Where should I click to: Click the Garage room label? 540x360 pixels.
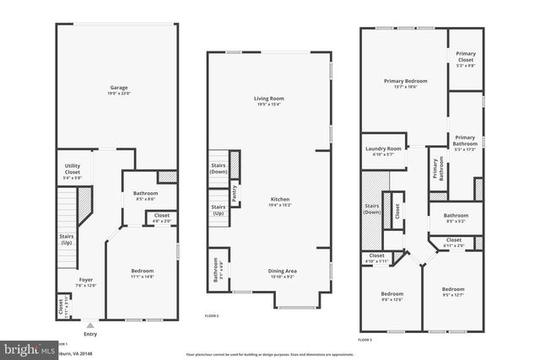pyautogui.click(x=118, y=89)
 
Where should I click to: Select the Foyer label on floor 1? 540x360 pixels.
pyautogui.click(x=87, y=282)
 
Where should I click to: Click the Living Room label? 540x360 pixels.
pyautogui.click(x=269, y=101)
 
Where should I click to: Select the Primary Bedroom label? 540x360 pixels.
pyautogui.click(x=406, y=83)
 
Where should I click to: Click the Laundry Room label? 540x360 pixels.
pyautogui.click(x=384, y=152)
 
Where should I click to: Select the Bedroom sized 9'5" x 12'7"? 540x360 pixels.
pyautogui.click(x=453, y=292)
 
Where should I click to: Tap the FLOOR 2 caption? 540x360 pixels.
pyautogui.click(x=212, y=315)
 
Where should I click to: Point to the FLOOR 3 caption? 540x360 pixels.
pyautogui.click(x=364, y=339)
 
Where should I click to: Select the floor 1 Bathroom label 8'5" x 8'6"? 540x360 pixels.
pyautogui.click(x=146, y=196)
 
